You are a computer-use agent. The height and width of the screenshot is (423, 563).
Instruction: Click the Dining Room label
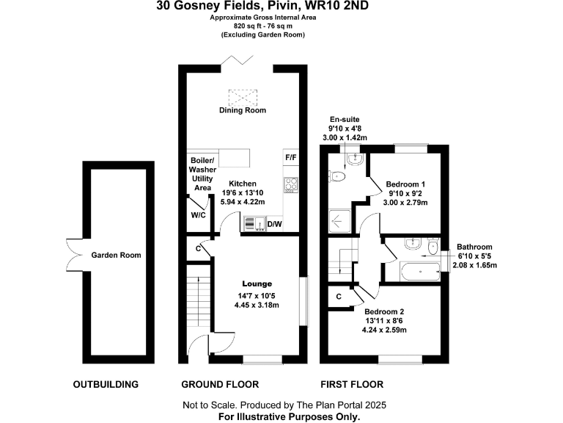243,110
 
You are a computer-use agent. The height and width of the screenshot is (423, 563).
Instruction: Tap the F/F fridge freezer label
290,157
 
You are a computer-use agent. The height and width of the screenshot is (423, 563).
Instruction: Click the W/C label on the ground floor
197,215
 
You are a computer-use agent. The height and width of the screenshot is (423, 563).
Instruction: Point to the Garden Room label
116,255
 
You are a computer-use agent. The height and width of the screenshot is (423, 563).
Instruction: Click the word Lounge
257,283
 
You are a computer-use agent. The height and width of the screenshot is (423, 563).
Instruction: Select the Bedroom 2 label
386,311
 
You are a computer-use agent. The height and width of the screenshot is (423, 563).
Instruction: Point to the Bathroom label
474,247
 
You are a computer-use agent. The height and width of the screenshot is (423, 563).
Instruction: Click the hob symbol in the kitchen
290,185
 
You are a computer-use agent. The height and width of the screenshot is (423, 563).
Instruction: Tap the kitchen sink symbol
254,223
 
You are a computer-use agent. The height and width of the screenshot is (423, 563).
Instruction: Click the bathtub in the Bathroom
420,272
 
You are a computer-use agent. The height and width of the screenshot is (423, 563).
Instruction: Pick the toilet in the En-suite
338,176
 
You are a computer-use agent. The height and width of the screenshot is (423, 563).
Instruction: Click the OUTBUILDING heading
106,384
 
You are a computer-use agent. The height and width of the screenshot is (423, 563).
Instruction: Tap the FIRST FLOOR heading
352,384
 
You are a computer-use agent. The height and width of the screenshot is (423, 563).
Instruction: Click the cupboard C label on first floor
339,296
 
